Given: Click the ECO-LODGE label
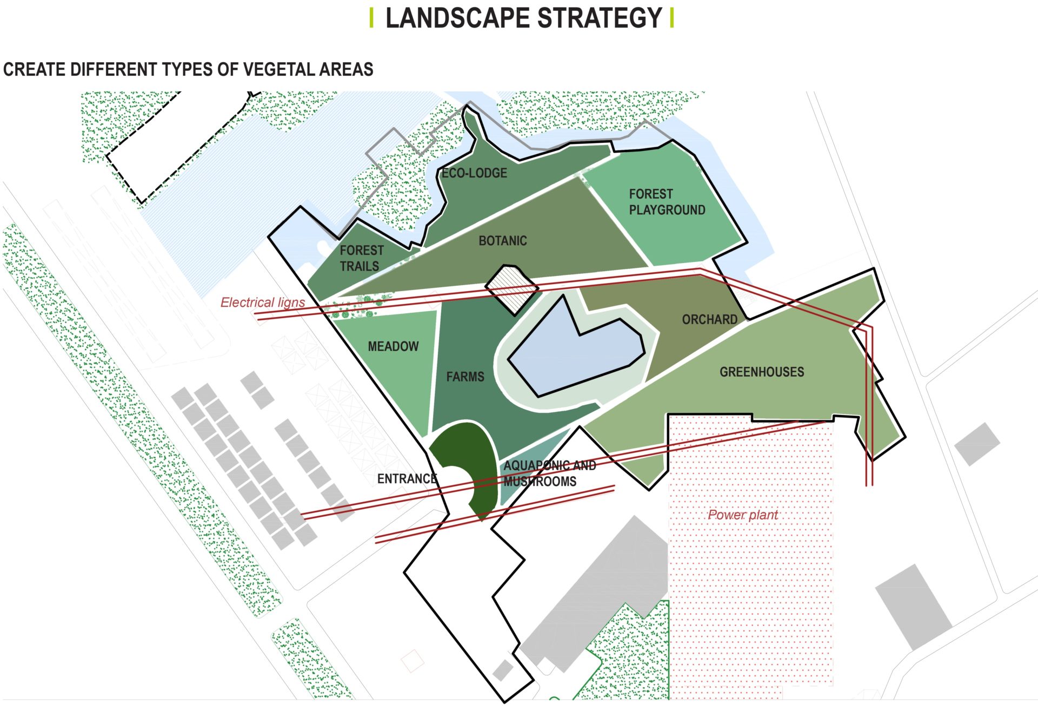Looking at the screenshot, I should tap(474, 173).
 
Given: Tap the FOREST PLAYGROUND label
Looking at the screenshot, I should tap(667, 202).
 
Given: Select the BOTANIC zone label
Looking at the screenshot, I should tap(502, 241).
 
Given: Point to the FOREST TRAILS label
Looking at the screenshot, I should tap(361, 258).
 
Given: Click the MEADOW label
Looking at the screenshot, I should tap(393, 346).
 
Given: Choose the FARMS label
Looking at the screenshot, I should tap(465, 377).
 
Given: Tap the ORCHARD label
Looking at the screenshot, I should tap(709, 320).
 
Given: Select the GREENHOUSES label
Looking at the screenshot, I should tap(761, 372).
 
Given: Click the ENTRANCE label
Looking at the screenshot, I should tap(407, 479).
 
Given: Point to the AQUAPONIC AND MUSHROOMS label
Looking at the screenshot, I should tap(549, 473).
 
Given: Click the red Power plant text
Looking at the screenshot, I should tap(742, 515).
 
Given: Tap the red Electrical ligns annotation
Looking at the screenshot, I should tap(262, 302).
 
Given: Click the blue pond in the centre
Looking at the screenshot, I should tap(573, 352).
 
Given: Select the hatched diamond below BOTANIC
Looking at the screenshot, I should tap(511, 288).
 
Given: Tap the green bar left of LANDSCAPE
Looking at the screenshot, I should tap(371, 18).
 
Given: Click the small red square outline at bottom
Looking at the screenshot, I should tap(413, 661).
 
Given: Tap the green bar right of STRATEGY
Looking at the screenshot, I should tap(671, 18).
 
